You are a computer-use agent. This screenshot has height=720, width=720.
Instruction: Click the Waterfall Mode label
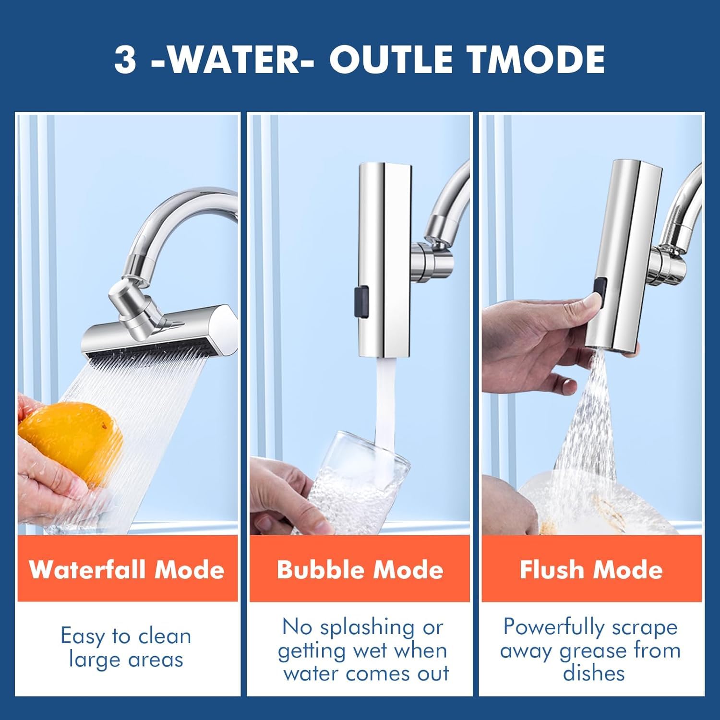pos(127,570)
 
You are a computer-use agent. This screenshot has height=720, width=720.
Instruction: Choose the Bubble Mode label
pos(360,570)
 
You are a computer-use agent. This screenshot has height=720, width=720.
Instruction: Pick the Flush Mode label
pos(591,570)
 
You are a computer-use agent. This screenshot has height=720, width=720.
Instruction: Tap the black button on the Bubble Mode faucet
pos(361,302)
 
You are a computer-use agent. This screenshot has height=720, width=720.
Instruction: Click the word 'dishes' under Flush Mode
pos(594,673)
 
